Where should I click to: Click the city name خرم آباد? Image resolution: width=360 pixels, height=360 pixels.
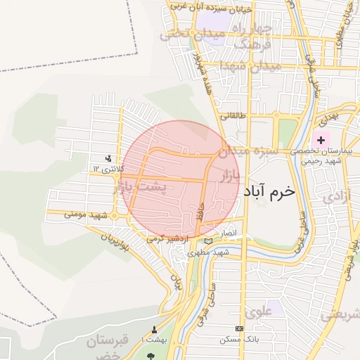click(269, 191)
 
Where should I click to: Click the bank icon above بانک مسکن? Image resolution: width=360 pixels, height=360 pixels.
click(240, 329)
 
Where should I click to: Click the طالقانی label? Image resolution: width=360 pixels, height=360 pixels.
click(232, 117)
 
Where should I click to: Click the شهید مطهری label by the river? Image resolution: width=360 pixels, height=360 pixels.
click(231, 252)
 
